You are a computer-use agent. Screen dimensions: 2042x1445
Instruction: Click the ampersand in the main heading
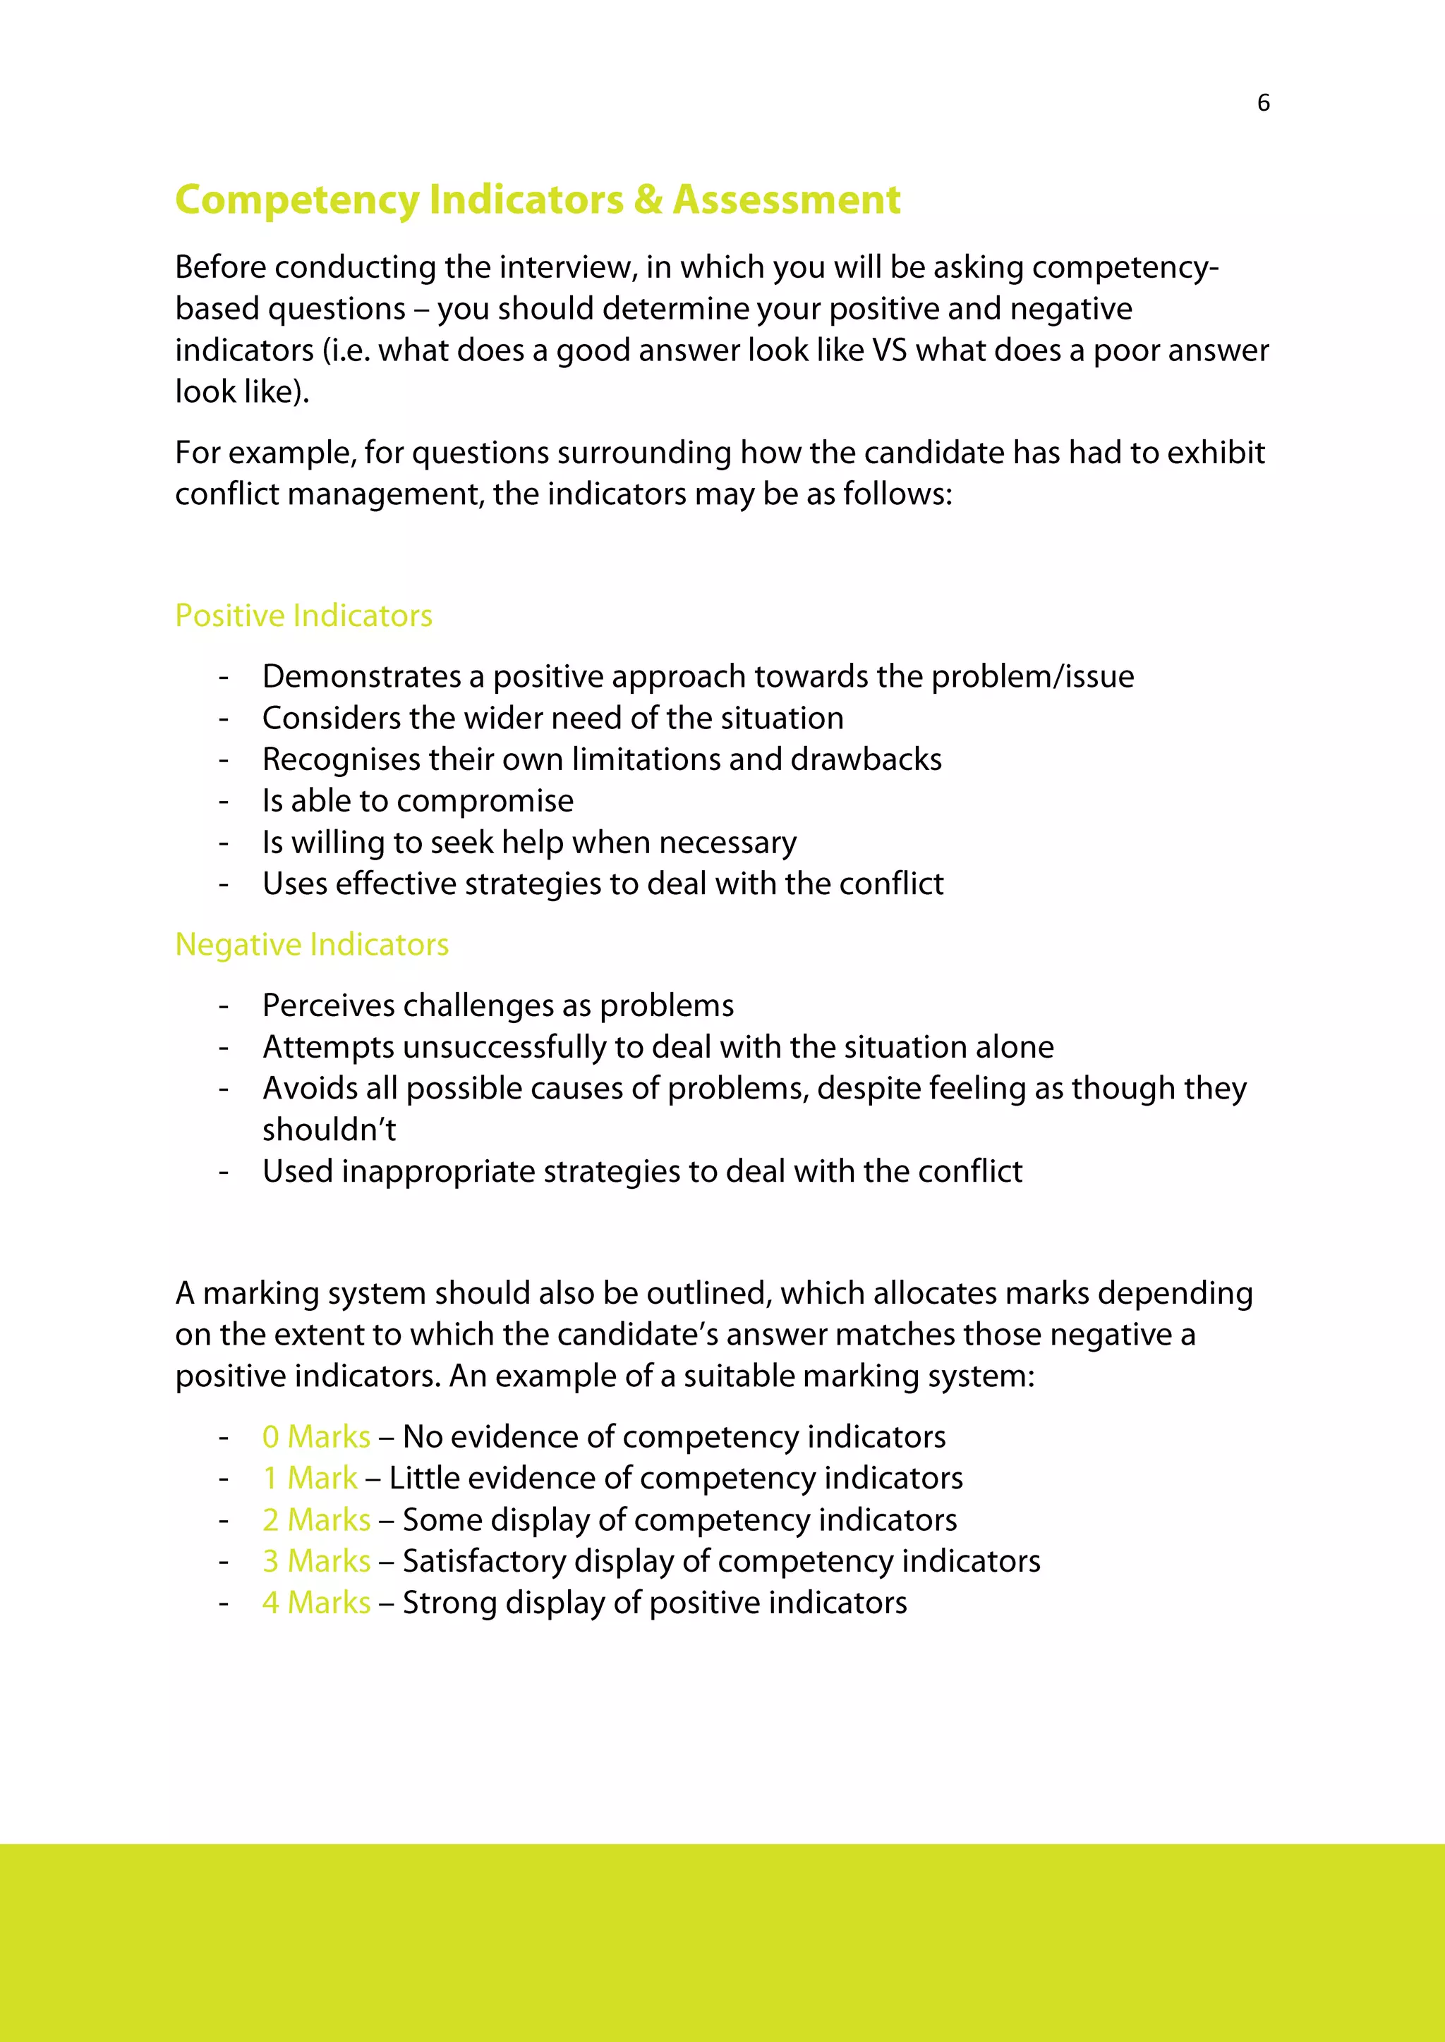pos(648,200)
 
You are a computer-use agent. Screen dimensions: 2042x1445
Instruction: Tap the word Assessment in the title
pos(787,200)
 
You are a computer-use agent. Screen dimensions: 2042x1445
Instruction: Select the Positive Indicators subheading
pos(303,616)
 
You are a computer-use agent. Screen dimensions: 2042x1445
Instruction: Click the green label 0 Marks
pos(316,1436)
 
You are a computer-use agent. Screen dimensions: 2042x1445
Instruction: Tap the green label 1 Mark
pos(310,1478)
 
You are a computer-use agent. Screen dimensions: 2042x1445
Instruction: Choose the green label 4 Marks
pos(316,1603)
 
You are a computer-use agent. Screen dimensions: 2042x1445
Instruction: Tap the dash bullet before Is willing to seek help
pos(224,842)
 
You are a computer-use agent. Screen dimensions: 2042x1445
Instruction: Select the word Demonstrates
pos(361,677)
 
